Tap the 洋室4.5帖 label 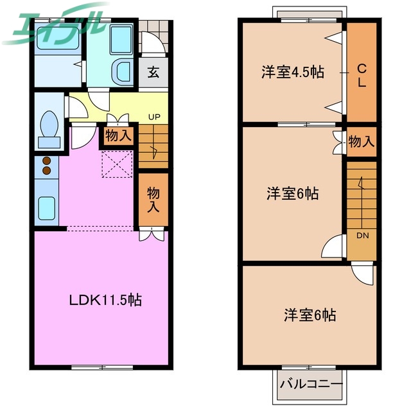pyautogui.click(x=292, y=72)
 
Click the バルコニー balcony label pyautogui.click(x=311, y=387)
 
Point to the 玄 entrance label pyautogui.click(x=154, y=72)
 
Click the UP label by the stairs pyautogui.click(x=155, y=117)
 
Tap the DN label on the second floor pyautogui.click(x=362, y=236)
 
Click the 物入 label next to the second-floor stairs pyautogui.click(x=361, y=142)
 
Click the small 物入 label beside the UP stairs pyautogui.click(x=118, y=136)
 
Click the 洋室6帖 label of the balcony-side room pyautogui.click(x=310, y=315)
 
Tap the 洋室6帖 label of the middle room pyautogui.click(x=293, y=193)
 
